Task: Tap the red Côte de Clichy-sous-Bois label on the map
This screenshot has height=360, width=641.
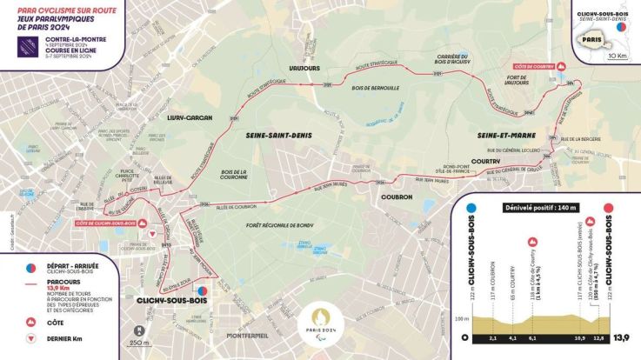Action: [106, 223]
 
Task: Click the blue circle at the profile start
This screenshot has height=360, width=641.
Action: [471, 209]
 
